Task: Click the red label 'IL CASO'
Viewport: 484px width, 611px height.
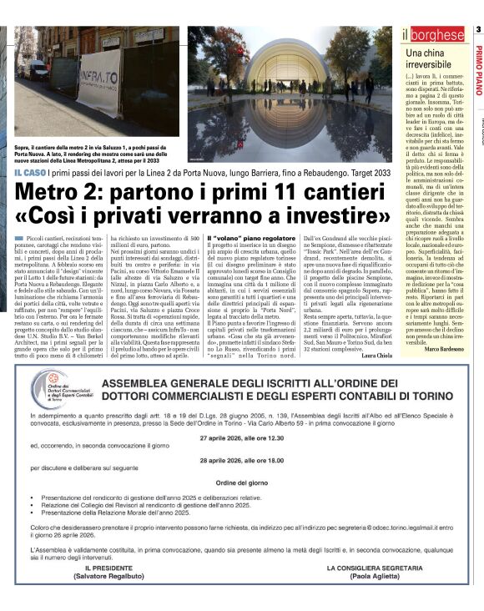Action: coord(29,172)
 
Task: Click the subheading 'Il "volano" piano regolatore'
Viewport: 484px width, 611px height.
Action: coord(250,238)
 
